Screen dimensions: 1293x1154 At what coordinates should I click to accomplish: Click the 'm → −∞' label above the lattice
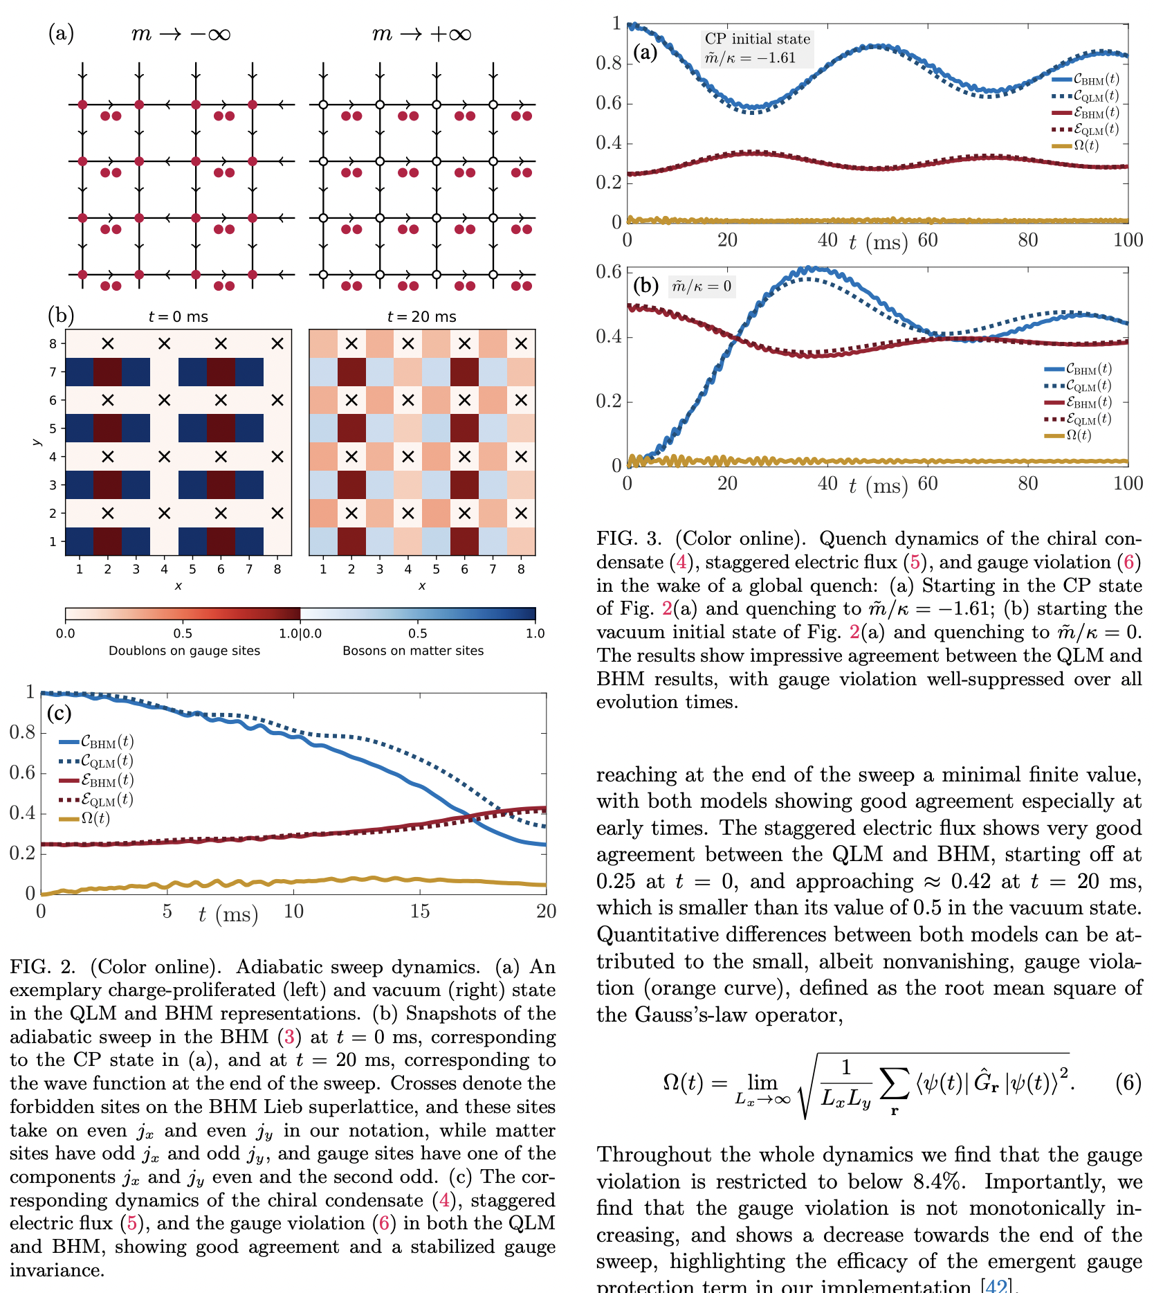pyautogui.click(x=181, y=34)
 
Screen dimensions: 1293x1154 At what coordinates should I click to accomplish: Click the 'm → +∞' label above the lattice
pyautogui.click(x=421, y=34)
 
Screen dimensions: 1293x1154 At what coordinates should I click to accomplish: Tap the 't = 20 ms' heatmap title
pyautogui.click(x=421, y=317)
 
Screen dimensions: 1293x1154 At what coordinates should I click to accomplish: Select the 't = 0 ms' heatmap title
pyautogui.click(x=178, y=317)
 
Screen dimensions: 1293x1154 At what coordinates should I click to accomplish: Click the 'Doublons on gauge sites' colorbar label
pyautogui.click(x=184, y=651)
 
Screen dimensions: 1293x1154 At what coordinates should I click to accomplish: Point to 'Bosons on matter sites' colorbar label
pyautogui.click(x=413, y=651)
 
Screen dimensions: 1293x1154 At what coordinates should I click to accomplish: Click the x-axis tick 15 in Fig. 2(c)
pyautogui.click(x=419, y=912)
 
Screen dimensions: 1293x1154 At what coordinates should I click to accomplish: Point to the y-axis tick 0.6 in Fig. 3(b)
pyautogui.click(x=608, y=271)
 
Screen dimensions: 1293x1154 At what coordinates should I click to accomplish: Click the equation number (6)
pyautogui.click(x=1128, y=1082)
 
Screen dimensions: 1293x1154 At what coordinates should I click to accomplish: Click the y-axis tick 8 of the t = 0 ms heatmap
pyautogui.click(x=53, y=343)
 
